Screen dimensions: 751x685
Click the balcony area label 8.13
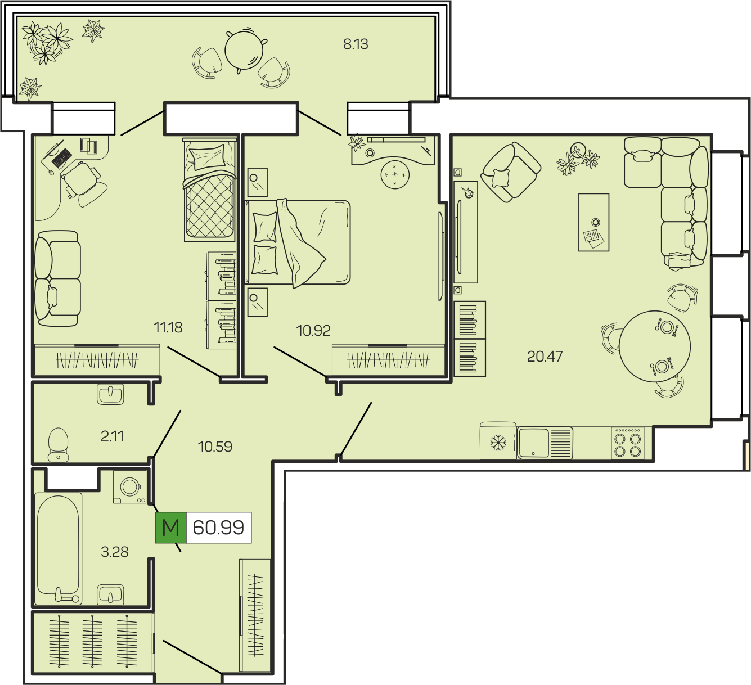356,44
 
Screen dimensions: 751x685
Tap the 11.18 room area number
168,327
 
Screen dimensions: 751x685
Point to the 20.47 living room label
545,357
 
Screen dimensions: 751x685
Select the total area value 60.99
218,528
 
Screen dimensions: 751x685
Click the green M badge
170,527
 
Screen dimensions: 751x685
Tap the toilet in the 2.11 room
58,445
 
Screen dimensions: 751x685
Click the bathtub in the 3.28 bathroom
58,549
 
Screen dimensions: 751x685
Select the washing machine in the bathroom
130,487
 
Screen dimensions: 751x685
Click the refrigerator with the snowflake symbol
498,441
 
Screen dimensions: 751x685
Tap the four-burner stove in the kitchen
628,443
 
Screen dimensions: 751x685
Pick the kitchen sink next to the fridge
545,443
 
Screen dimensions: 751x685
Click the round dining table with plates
655,346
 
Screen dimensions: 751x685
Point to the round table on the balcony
244,50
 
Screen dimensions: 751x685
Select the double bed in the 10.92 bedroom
298,242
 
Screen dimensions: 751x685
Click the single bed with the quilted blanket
210,190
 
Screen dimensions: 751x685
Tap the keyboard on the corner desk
62,158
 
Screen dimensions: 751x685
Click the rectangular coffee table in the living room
593,222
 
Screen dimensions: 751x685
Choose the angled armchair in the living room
511,172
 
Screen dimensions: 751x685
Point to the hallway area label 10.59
215,447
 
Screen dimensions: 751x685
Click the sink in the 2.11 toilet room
110,394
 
